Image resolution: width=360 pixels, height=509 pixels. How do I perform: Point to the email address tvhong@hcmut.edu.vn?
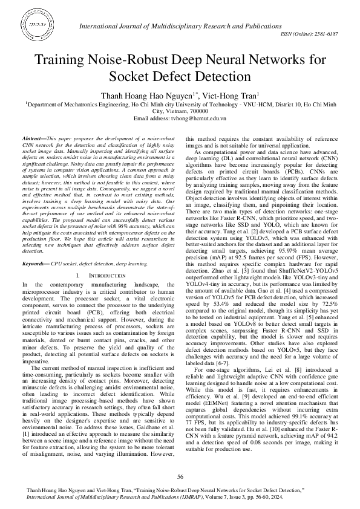coord(203,118)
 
